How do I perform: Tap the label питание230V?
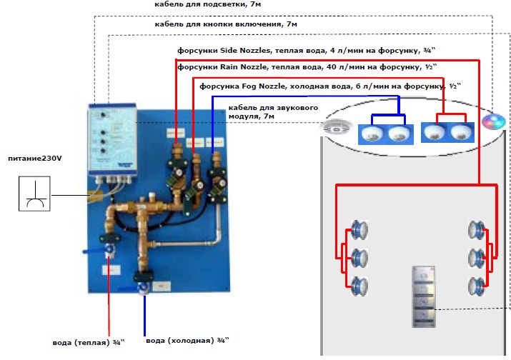point(33,157)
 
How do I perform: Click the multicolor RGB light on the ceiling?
point(492,121)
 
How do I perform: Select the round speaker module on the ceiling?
point(334,128)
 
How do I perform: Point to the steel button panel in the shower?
point(425,294)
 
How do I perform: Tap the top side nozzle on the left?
point(361,231)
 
